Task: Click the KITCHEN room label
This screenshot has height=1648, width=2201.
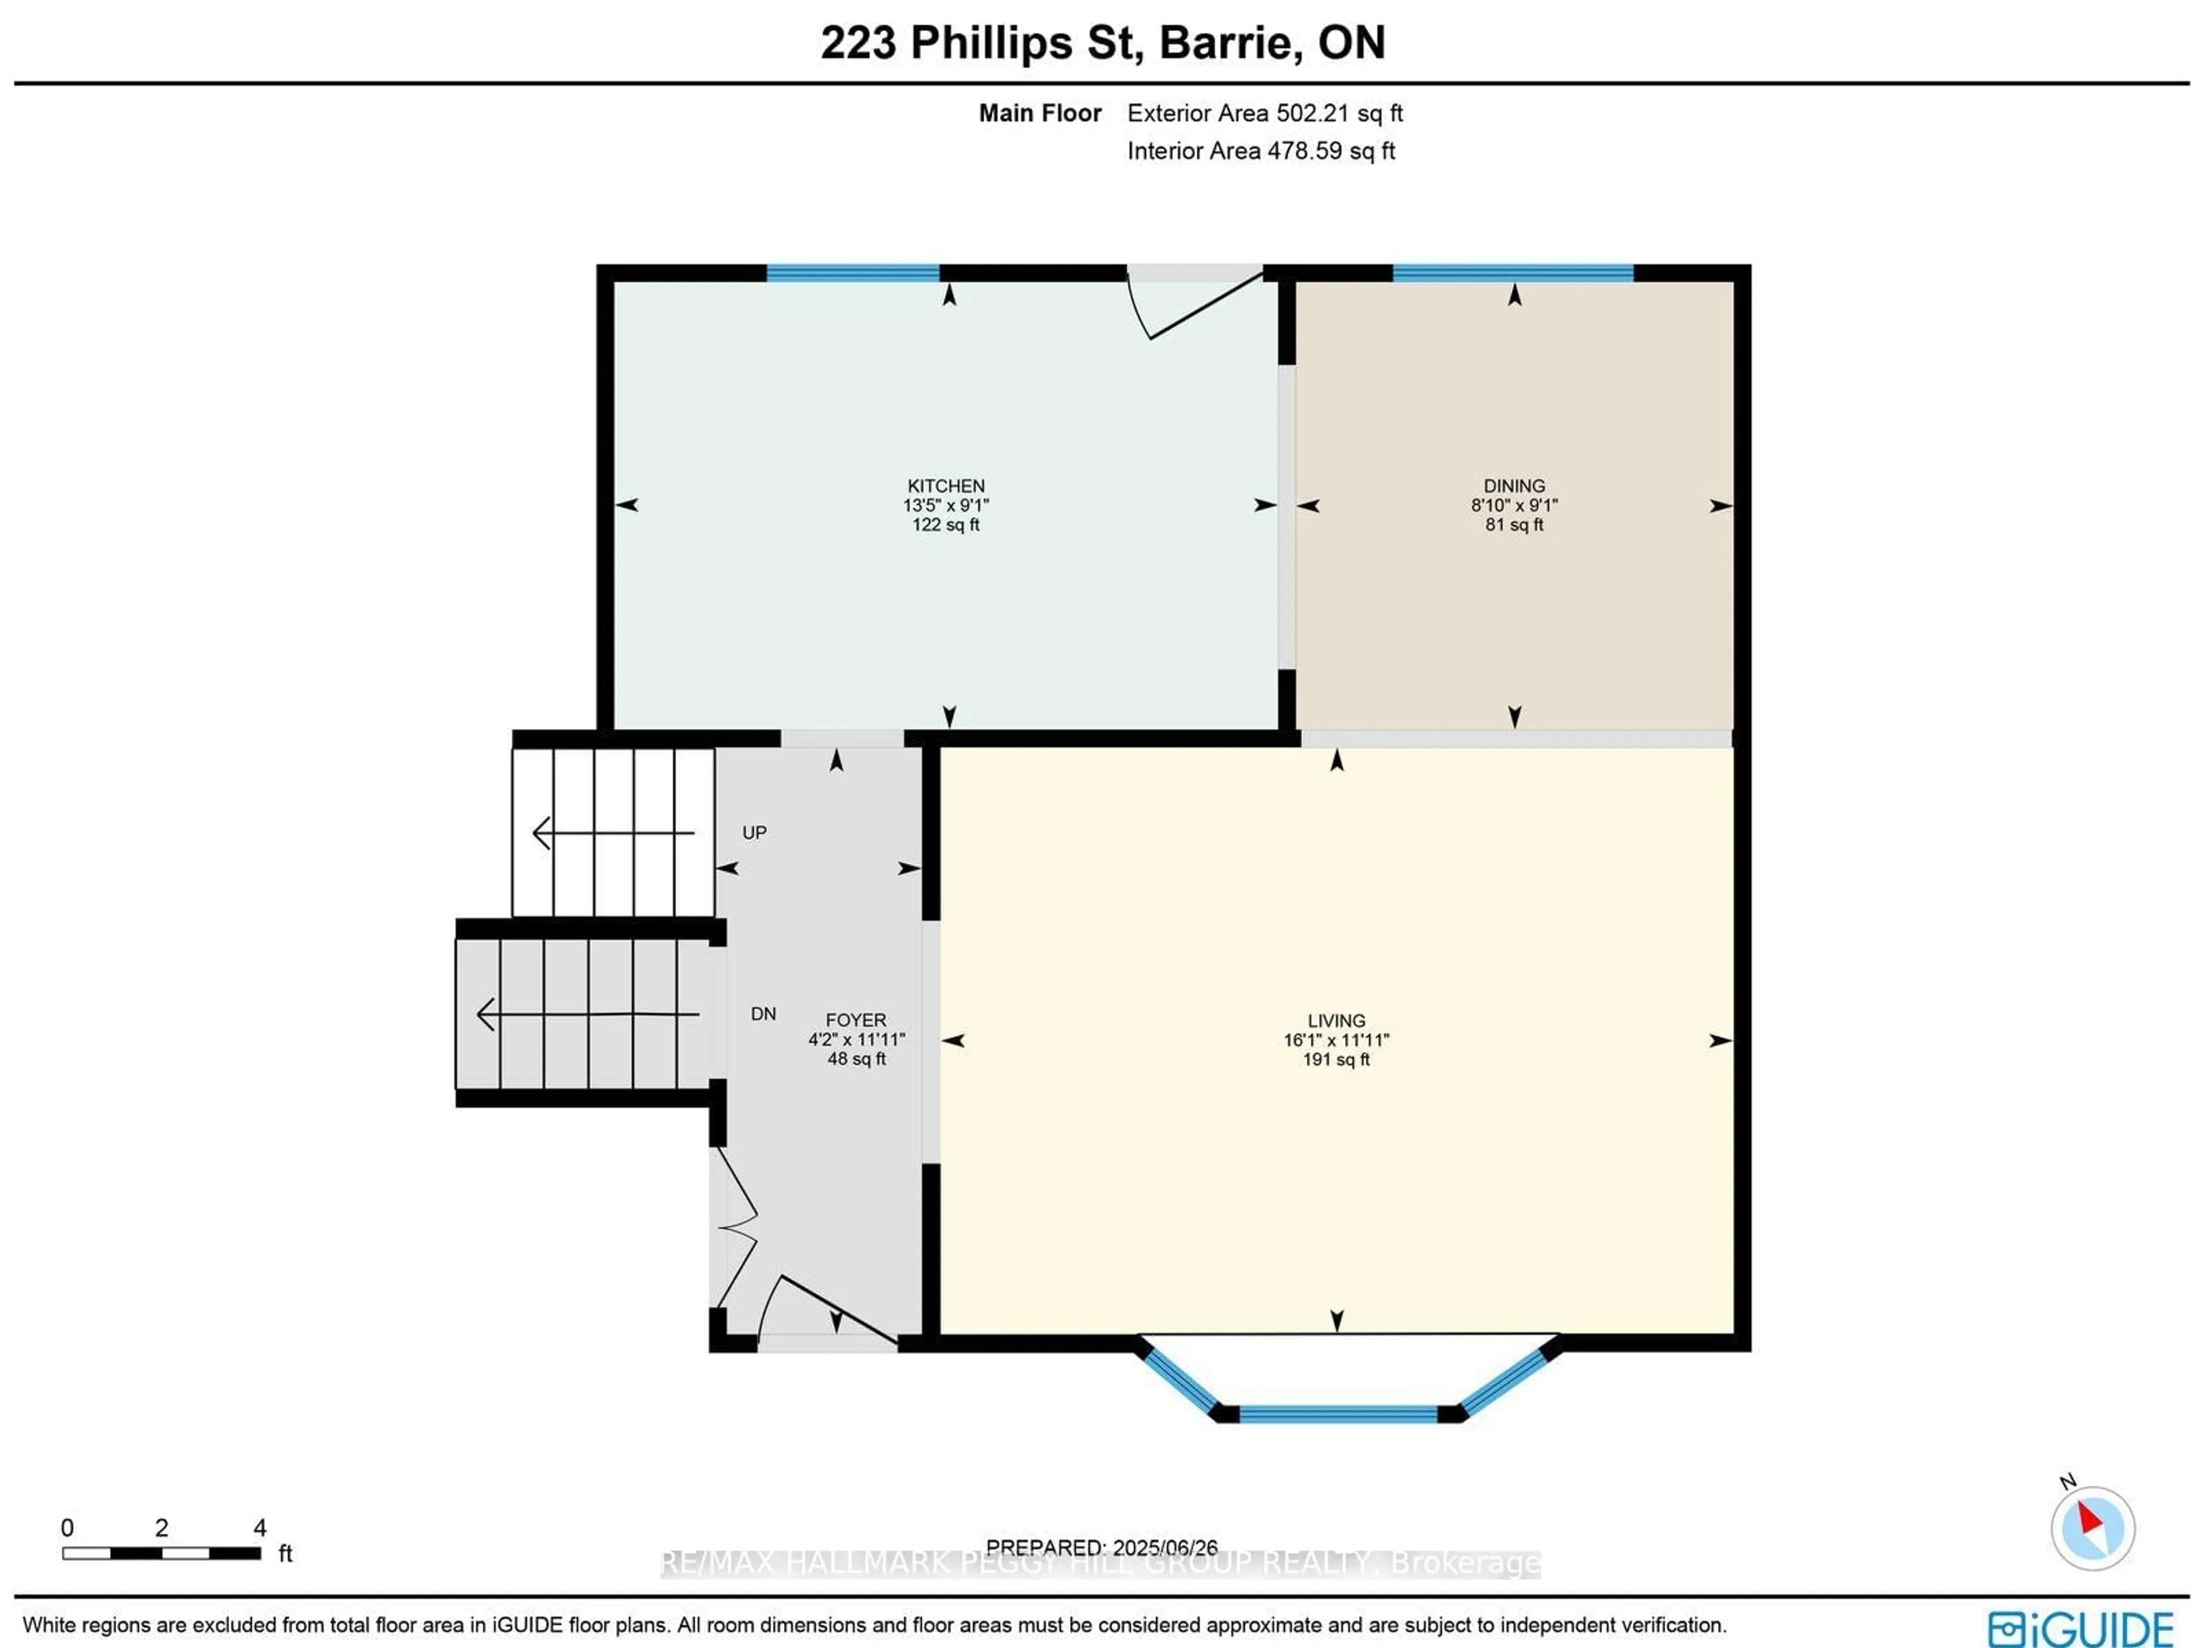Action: point(945,486)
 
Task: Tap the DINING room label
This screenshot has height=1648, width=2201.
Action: point(1513,486)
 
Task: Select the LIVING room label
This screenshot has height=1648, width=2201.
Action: point(1336,1020)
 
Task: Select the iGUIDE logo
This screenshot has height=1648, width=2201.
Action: point(2079,1628)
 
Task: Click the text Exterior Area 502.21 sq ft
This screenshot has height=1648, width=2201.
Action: point(1264,113)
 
